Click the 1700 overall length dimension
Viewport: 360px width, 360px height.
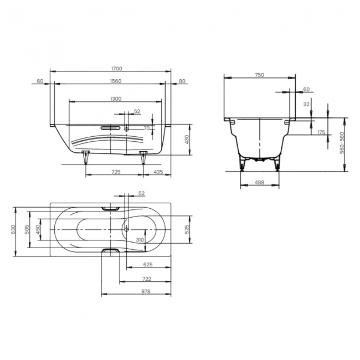(x=116, y=69)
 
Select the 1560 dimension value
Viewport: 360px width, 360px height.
(x=116, y=81)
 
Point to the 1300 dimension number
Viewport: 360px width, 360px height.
(x=116, y=99)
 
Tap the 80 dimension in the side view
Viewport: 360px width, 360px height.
(x=183, y=81)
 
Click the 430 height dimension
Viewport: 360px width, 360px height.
(x=187, y=140)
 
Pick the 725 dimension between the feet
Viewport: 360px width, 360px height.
(x=116, y=173)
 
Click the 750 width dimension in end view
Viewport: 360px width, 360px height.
(x=259, y=75)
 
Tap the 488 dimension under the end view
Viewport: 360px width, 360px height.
(x=259, y=182)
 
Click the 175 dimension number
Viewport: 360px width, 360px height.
(x=321, y=132)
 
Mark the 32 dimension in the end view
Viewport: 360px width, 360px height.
(x=306, y=103)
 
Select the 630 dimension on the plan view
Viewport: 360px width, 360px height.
(x=13, y=229)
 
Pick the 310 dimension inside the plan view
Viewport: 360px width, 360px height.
(x=140, y=240)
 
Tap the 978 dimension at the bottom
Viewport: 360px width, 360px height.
(x=147, y=291)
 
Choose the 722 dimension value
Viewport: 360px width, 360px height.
(x=147, y=279)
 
